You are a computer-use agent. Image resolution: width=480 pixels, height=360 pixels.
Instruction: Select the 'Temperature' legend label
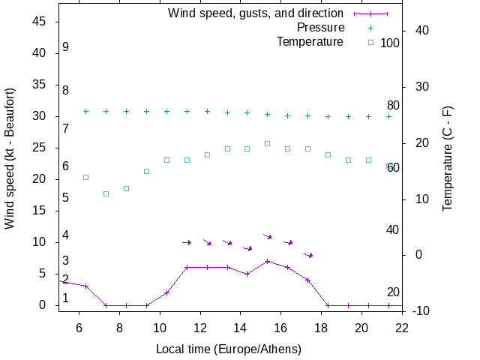[310, 42]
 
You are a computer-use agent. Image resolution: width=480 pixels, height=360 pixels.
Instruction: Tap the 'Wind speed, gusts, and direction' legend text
[256, 13]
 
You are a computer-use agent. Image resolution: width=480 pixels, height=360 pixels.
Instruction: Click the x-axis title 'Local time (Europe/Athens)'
[229, 349]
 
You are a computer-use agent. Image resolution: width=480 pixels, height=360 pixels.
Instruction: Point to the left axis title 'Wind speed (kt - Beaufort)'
[10, 158]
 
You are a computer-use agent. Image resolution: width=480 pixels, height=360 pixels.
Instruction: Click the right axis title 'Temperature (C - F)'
[448, 158]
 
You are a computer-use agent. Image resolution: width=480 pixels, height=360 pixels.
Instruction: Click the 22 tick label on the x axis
[403, 327]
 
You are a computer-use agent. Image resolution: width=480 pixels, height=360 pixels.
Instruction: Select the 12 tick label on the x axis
[200, 327]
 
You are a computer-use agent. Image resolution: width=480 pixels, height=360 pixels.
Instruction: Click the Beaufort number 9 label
[66, 47]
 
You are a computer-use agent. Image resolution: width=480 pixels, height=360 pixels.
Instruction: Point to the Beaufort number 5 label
[66, 198]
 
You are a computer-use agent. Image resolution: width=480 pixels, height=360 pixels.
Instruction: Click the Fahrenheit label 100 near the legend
[390, 43]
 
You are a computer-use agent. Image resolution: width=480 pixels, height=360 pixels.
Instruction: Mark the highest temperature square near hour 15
[267, 143]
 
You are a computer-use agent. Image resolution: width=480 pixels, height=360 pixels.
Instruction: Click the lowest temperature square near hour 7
[106, 193]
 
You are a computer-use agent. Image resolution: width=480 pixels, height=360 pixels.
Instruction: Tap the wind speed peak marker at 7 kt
[267, 261]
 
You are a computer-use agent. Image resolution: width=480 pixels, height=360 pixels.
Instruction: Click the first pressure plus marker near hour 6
[85, 111]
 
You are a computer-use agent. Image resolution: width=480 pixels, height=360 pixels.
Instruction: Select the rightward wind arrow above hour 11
[187, 242]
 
